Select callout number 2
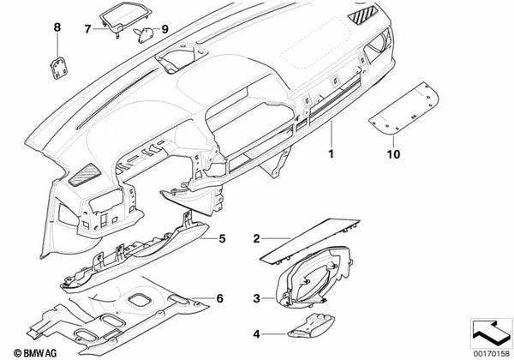pyautogui.click(x=257, y=235)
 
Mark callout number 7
pyautogui.click(x=87, y=27)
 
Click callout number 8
pyautogui.click(x=58, y=28)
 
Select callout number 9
pyautogui.click(x=165, y=28)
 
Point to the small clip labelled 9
pyautogui.click(x=142, y=33)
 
